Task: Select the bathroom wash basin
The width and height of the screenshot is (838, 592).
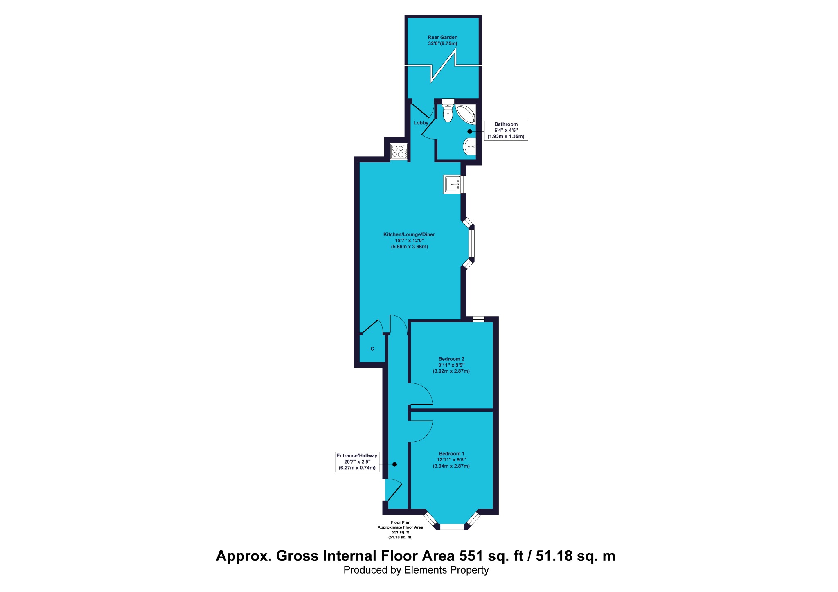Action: pos(469,146)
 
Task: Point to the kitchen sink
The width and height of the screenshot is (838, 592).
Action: pos(452,184)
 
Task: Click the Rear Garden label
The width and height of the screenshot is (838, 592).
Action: pos(443,40)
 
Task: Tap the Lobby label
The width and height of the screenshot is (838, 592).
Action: pos(421,123)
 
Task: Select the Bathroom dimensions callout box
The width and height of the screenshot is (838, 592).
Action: pos(506,131)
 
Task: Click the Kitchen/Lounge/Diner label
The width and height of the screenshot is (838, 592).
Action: pos(409,241)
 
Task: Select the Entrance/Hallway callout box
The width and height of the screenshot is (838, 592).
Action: pos(357,462)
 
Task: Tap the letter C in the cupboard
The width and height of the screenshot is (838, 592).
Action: pos(372,349)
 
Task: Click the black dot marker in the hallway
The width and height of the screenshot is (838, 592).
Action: pos(395,464)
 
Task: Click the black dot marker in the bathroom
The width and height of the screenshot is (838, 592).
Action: pos(470,131)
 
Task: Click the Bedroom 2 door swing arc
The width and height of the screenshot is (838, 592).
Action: pos(427,390)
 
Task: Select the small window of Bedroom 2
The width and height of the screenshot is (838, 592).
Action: pos(478,319)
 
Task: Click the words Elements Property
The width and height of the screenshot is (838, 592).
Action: pos(446,570)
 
